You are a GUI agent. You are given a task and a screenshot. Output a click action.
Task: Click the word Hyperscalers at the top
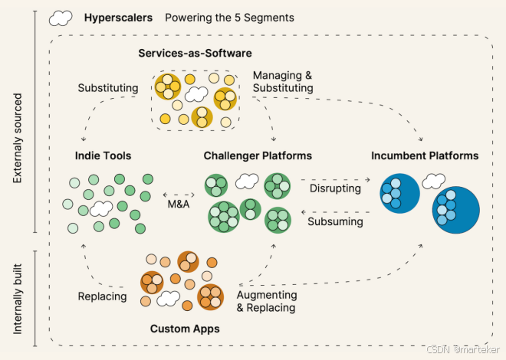[118, 17]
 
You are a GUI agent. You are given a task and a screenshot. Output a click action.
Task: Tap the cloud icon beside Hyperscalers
[61, 17]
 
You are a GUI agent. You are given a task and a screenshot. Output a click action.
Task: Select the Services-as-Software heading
[195, 53]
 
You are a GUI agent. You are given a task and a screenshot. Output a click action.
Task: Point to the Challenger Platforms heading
[258, 155]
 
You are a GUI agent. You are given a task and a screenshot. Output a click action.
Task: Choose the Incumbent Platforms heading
[425, 155]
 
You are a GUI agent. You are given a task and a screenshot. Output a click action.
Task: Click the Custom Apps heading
[185, 329]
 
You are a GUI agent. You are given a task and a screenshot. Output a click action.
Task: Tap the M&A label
[178, 205]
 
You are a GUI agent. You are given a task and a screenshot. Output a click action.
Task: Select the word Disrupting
[335, 187]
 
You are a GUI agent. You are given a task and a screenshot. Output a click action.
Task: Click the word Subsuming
[335, 222]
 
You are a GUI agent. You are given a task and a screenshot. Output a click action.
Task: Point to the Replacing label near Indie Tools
[102, 296]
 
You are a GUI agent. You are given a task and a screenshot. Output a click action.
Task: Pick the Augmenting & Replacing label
[266, 301]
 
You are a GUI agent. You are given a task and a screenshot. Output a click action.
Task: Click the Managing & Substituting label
[283, 83]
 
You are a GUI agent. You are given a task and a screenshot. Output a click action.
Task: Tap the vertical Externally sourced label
[17, 139]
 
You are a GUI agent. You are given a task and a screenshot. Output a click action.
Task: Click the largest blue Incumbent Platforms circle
[455, 211]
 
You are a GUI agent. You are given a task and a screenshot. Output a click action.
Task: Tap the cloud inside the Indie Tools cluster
[101, 208]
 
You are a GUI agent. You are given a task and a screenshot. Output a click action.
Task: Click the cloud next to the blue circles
[434, 182]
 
